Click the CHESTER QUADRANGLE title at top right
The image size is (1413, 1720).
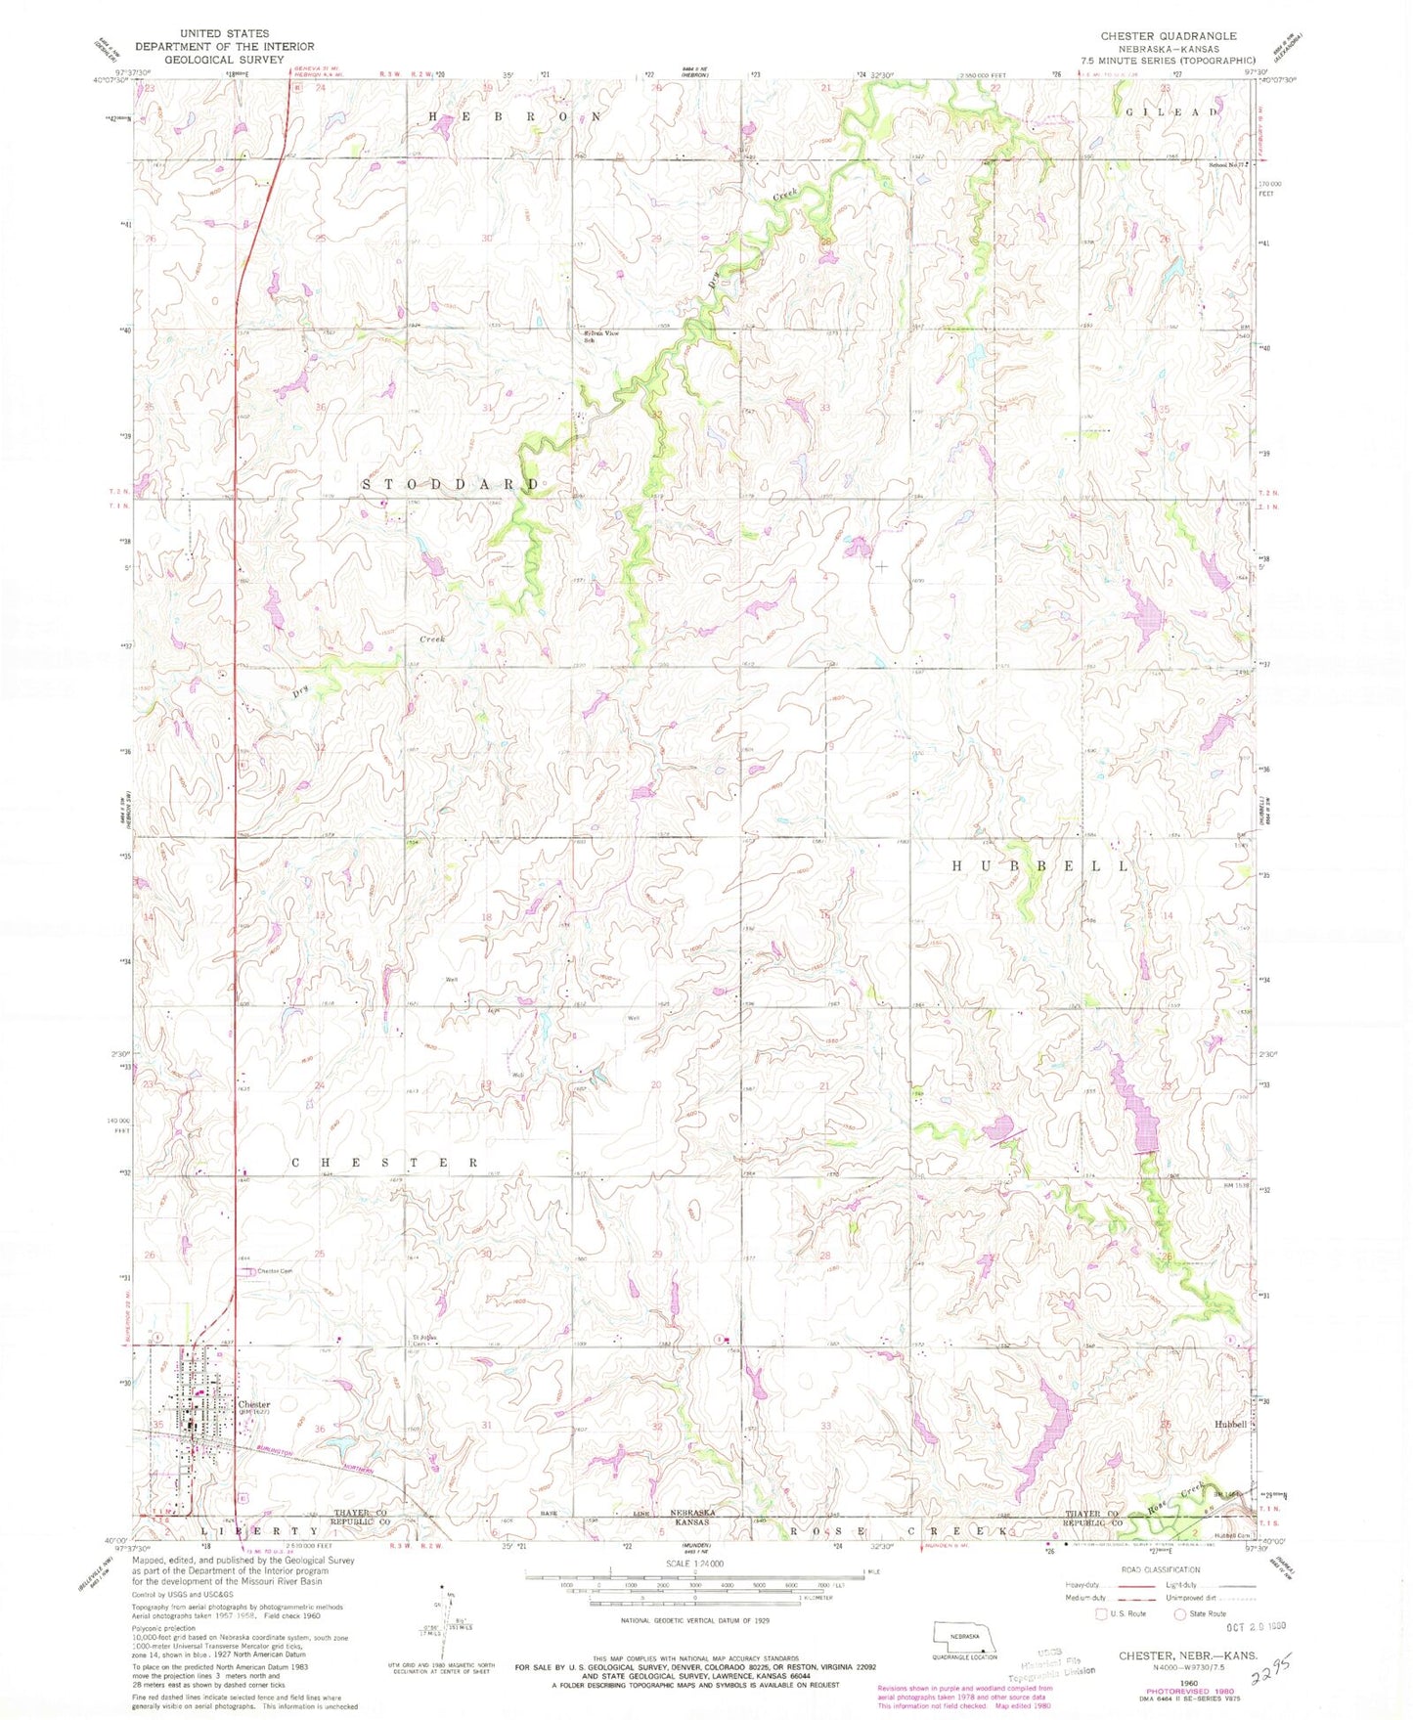click(x=1168, y=36)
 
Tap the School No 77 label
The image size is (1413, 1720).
click(x=1228, y=164)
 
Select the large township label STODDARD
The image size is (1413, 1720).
click(x=451, y=484)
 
